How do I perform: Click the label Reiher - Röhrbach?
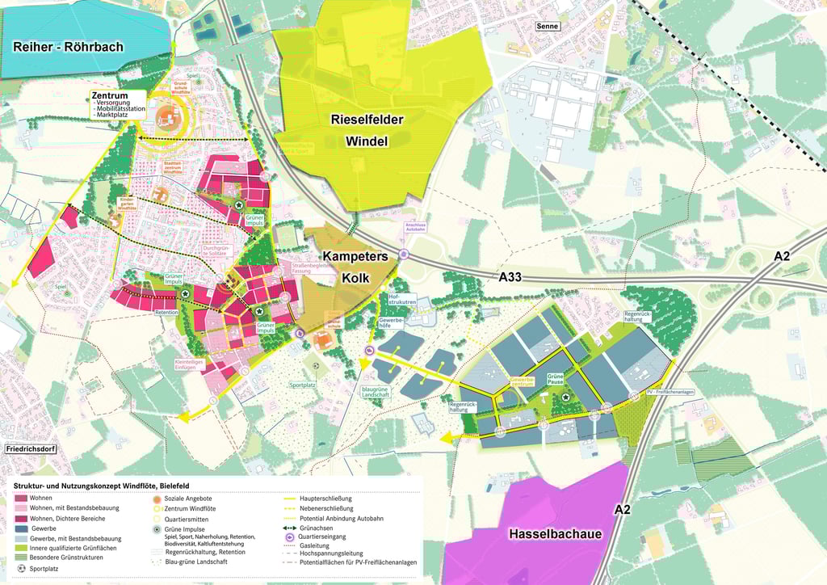(x=69, y=47)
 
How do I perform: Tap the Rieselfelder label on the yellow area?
(x=366, y=120)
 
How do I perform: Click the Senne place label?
(x=547, y=26)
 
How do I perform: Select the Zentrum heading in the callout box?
(x=110, y=95)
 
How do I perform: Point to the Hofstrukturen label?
(x=401, y=300)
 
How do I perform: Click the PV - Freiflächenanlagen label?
(x=670, y=393)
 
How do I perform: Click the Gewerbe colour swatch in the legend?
(x=20, y=528)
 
